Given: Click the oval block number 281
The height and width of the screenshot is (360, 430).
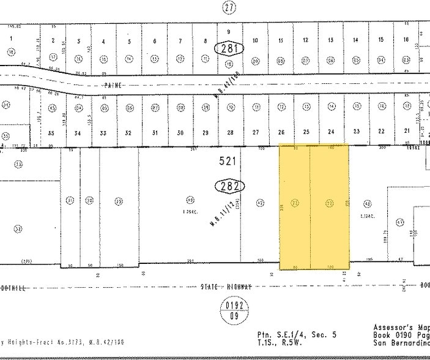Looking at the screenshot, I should point(229,48).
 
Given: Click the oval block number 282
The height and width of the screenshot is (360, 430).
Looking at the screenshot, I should point(228,186).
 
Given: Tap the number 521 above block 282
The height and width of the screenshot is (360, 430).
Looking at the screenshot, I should point(228,162).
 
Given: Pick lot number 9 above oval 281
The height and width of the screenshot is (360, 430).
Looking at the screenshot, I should point(229,31).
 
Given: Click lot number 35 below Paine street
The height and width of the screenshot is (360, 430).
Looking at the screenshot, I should point(52,133).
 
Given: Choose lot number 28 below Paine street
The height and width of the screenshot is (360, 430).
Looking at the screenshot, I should point(230,133).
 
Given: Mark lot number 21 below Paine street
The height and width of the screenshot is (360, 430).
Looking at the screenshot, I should point(406,131).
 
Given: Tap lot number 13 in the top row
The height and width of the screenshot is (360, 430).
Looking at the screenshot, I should point(330,40).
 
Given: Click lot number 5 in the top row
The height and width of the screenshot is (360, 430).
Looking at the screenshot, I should point(129,42).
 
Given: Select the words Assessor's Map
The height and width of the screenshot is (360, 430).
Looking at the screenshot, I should point(401,328).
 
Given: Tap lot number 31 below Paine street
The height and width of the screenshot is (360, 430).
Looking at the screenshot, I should point(155,133).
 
